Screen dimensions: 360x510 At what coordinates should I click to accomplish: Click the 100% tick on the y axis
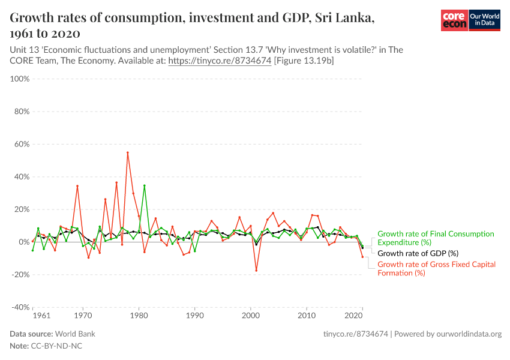click(20, 79)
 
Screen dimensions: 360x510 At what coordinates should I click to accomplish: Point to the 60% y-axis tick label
click(22, 144)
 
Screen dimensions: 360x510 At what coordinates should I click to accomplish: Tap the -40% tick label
click(20, 307)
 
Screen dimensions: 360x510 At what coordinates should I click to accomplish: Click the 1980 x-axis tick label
click(139, 315)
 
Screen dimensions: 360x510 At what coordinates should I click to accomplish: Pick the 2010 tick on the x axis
click(307, 315)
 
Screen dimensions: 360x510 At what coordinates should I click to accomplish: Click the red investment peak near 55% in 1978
click(128, 152)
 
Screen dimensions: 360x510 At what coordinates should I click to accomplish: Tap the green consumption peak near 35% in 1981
click(145, 185)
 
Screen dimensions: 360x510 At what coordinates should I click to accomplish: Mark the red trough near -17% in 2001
click(256, 271)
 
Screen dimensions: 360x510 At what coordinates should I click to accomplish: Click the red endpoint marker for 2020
click(362, 257)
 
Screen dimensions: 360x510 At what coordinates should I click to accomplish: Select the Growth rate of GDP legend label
click(418, 253)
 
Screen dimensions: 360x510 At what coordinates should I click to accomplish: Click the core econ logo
click(454, 21)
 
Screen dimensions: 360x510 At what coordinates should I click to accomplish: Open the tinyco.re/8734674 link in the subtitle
click(220, 61)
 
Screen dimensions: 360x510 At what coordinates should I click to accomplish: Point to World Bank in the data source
click(75, 334)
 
